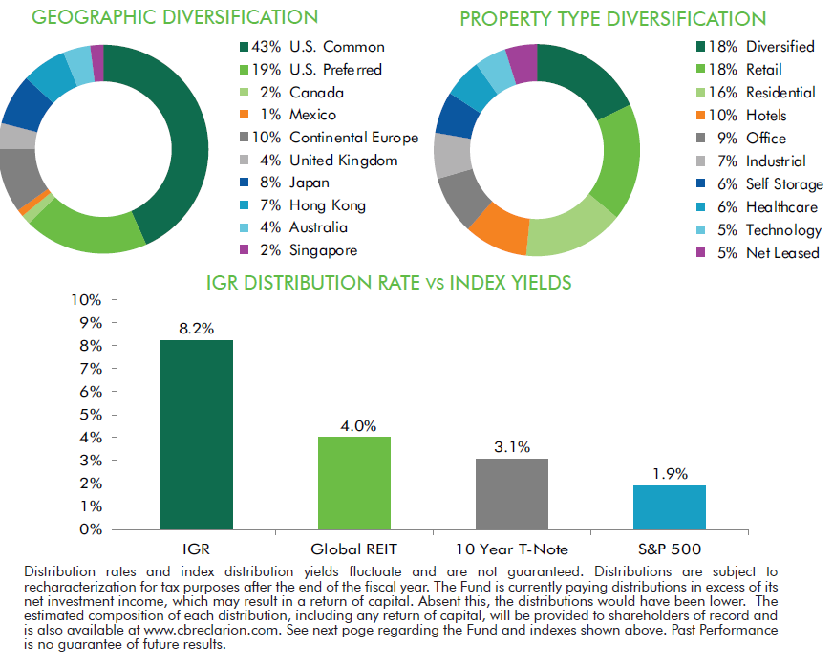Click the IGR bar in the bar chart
point(196,435)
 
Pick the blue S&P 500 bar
point(669,506)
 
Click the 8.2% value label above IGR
point(196,328)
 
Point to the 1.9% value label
point(669,473)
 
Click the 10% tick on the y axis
point(86,299)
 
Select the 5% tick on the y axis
point(90,414)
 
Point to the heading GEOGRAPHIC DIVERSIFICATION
point(161,17)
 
